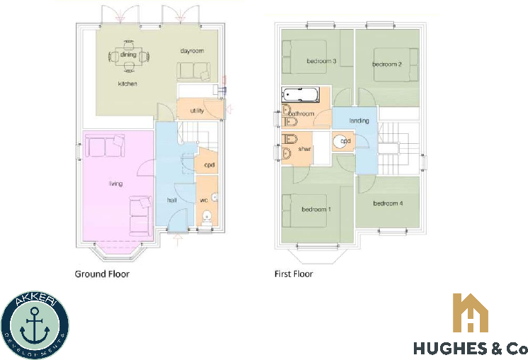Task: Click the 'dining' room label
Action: (128, 55)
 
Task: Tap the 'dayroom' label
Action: (191, 51)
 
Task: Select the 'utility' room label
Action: (197, 111)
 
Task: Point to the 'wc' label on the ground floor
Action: (203, 200)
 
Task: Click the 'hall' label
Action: (172, 201)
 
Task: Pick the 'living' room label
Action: (116, 184)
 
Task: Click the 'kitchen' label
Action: (128, 84)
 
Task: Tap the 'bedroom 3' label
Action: (321, 61)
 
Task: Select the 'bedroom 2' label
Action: (387, 64)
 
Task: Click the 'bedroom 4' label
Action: (388, 204)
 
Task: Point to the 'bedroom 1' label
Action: (316, 210)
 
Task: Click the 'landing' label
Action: (359, 120)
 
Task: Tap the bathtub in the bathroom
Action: (300, 95)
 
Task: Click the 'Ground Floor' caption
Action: (102, 274)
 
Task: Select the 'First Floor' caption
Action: (293, 274)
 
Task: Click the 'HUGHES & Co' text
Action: (471, 349)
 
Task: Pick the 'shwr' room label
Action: (305, 149)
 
